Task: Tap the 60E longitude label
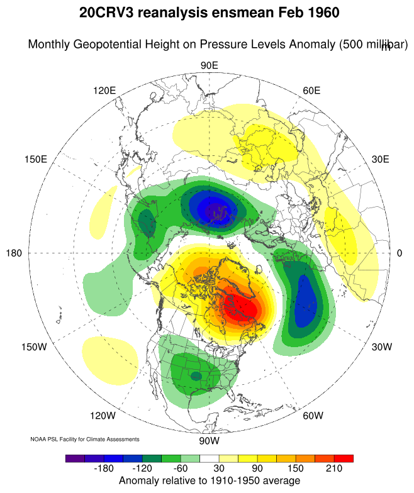point(311,91)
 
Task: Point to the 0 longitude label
point(400,253)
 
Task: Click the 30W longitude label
point(382,347)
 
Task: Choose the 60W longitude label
point(313,416)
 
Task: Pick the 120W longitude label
point(103,416)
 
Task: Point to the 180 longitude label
point(14,253)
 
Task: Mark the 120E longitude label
point(104,91)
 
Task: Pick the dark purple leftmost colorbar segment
point(76,458)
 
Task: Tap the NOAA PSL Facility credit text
point(85,439)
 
